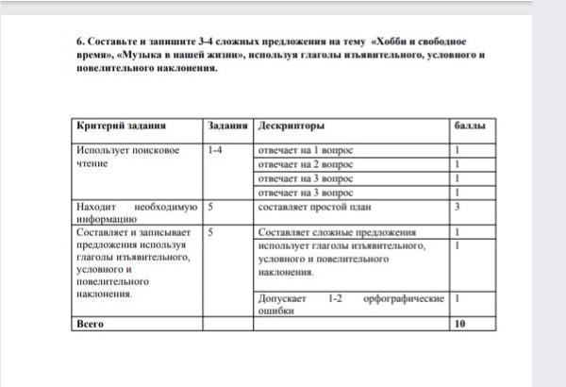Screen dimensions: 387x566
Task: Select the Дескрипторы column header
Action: [x=291, y=126]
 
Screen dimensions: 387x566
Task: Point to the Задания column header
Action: [x=227, y=126]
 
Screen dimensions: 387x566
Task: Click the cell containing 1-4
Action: [x=214, y=150]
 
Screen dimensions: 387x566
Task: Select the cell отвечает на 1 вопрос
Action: [x=304, y=150]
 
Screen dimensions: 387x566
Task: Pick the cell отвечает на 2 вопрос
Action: [x=304, y=164]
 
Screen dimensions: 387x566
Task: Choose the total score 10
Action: [x=459, y=323]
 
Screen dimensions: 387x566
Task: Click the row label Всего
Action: [x=90, y=323]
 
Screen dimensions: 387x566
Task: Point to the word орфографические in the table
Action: [x=407, y=297]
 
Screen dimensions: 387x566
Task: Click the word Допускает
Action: [x=281, y=297]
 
